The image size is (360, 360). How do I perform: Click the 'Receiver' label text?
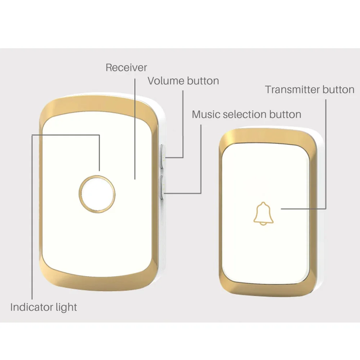(126, 68)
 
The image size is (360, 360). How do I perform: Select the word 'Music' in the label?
(206, 114)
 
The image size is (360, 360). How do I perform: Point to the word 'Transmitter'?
(292, 90)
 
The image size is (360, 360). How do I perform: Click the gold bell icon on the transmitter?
(264, 213)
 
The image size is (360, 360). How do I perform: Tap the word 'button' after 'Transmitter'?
(338, 90)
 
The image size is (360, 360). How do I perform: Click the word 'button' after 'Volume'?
(203, 81)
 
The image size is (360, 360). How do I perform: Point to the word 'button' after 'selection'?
(285, 114)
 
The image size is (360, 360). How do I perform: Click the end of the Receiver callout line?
(135, 178)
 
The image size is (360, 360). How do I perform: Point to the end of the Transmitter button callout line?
(282, 208)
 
